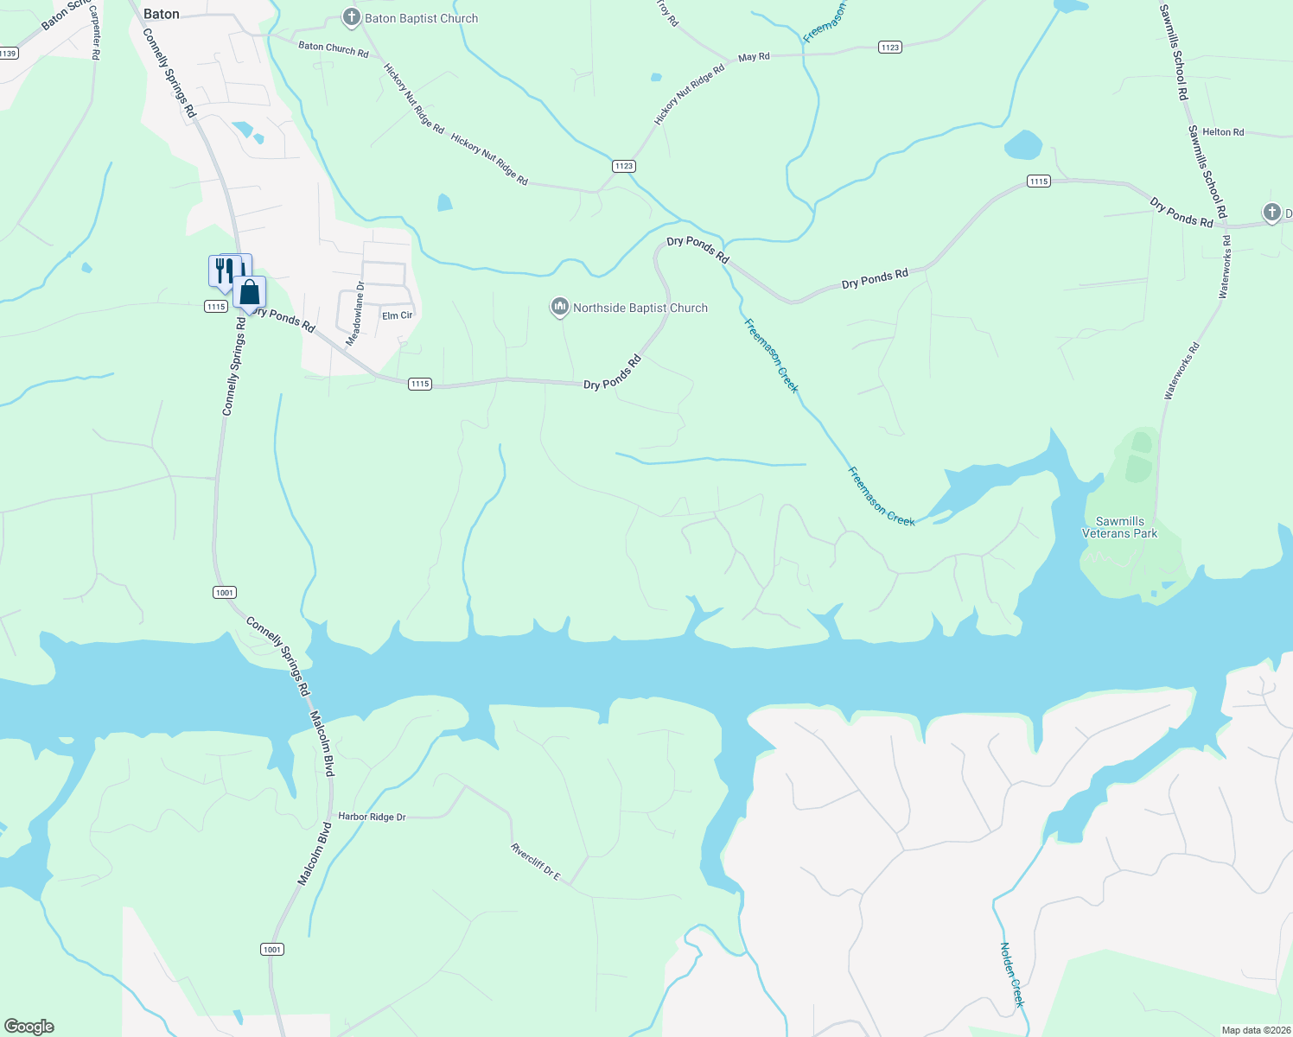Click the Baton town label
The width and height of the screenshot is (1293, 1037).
coord(161,14)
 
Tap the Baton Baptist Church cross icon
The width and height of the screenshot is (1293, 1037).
coord(351,17)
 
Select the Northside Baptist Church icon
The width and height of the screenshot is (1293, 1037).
coord(560,307)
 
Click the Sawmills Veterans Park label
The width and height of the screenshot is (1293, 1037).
coord(1119,527)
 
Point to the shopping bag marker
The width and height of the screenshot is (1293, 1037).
coord(250,293)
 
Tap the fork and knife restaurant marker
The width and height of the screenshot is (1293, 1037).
coord(225,270)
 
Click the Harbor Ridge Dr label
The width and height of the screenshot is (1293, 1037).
coord(372,817)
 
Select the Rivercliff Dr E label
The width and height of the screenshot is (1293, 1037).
coord(535,862)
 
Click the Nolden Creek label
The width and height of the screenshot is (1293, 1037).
coord(1012,974)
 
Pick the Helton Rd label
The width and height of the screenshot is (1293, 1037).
coord(1223,132)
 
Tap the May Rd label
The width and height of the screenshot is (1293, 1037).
coord(754,57)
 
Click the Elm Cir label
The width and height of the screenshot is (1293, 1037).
coord(398,315)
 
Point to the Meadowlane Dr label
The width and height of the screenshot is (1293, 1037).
coord(355,314)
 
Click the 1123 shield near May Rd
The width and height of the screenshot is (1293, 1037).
coord(890,47)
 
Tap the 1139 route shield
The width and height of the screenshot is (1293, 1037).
coord(8,54)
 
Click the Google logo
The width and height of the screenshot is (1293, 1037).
coord(29,1027)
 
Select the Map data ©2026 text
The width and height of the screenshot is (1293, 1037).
coord(1254,1030)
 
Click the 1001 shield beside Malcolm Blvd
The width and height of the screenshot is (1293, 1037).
coord(272,950)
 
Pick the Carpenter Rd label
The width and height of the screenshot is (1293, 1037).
coord(95,40)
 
